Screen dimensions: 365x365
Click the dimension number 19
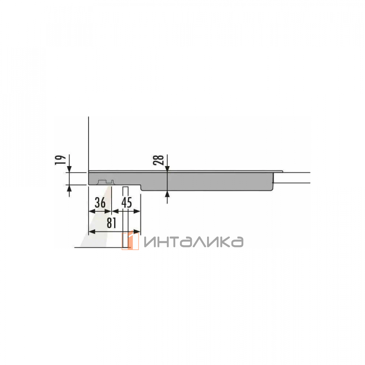[x=60, y=160]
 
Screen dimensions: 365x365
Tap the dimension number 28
[x=158, y=160]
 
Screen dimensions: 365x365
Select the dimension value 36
[x=100, y=203]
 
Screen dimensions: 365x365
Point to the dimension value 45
[x=127, y=203]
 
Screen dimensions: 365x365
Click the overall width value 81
[x=111, y=223]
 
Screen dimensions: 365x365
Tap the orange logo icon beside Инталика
[x=130, y=241]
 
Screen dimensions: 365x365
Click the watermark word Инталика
[x=194, y=242]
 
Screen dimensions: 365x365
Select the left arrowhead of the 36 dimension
[x=92, y=211]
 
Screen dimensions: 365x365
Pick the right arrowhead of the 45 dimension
[x=137, y=211]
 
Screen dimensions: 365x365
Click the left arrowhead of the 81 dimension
[x=92, y=231]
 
